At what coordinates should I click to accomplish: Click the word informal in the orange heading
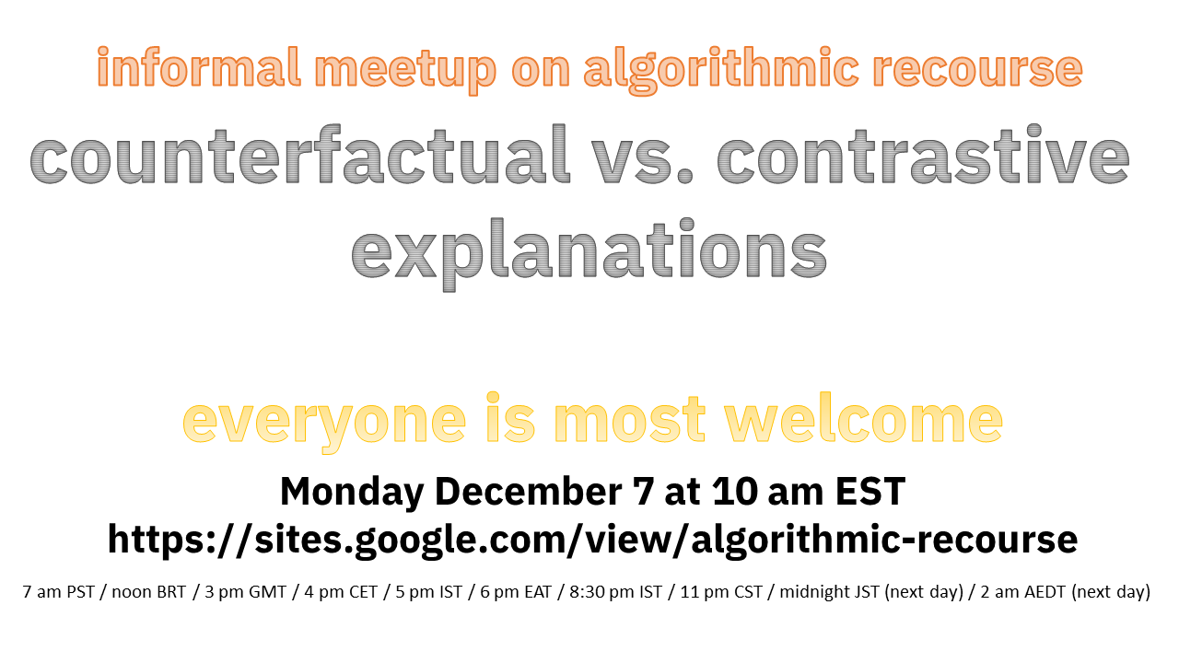click(x=199, y=67)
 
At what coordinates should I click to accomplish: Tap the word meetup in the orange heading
click(x=405, y=70)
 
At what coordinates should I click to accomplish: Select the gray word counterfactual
click(x=299, y=153)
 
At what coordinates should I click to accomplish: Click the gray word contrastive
click(x=923, y=153)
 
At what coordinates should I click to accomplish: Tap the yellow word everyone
click(x=324, y=422)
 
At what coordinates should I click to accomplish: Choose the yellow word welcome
click(x=864, y=418)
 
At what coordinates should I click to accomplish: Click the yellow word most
click(x=629, y=419)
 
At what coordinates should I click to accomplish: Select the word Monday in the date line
click(x=352, y=492)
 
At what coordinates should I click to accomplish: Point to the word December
click(x=528, y=491)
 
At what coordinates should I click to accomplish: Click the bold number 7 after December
click(x=643, y=491)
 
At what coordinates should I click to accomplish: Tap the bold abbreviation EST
click(x=870, y=491)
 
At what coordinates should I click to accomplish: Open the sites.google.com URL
click(x=592, y=540)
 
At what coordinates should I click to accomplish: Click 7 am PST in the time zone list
click(x=58, y=592)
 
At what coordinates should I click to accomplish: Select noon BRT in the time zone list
click(x=149, y=592)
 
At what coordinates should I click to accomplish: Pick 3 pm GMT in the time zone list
click(x=245, y=592)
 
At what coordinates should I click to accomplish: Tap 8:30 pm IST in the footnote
click(x=615, y=592)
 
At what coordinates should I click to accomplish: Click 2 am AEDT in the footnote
click(x=1022, y=592)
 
